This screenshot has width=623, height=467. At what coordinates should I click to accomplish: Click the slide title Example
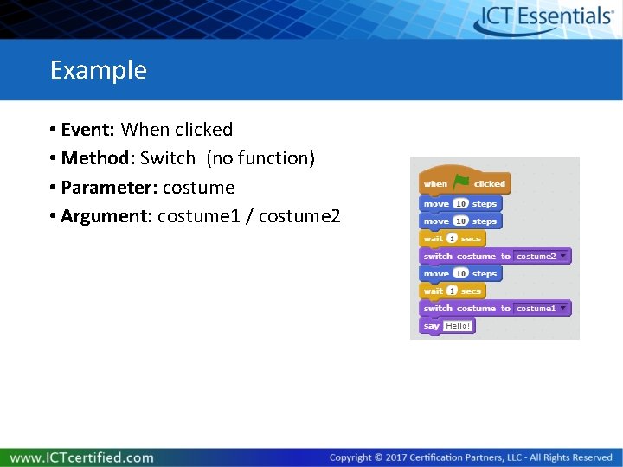pyautogui.click(x=98, y=70)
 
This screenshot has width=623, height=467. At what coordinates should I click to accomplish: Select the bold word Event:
pyautogui.click(x=88, y=130)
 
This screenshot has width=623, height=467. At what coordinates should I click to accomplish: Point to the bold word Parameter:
pyautogui.click(x=109, y=188)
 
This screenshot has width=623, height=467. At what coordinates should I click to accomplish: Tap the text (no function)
pyautogui.click(x=260, y=158)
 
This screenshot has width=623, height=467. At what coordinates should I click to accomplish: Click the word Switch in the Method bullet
pyautogui.click(x=168, y=158)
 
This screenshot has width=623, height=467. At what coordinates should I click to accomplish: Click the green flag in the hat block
pyautogui.click(x=460, y=182)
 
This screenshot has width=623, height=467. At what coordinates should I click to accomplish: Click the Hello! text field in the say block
pyautogui.click(x=458, y=326)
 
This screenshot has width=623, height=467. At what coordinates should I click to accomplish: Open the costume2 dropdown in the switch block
pyautogui.click(x=542, y=256)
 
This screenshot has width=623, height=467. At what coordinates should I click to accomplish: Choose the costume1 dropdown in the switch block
pyautogui.click(x=542, y=309)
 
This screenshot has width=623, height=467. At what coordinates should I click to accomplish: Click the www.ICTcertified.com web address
pyautogui.click(x=82, y=457)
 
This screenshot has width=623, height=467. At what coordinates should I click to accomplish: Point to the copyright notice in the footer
pyautogui.click(x=471, y=457)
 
